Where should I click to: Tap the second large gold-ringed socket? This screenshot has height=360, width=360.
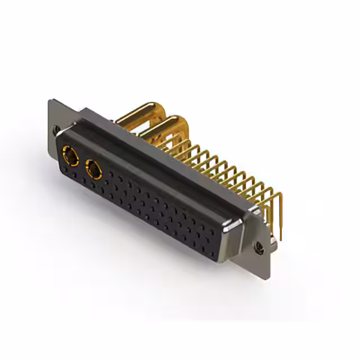94,169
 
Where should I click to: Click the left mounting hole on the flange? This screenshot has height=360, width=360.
57,130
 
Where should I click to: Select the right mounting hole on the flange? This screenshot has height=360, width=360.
259,246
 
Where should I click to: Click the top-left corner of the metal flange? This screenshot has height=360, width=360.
51,101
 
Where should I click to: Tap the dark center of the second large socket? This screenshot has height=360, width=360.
93,169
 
